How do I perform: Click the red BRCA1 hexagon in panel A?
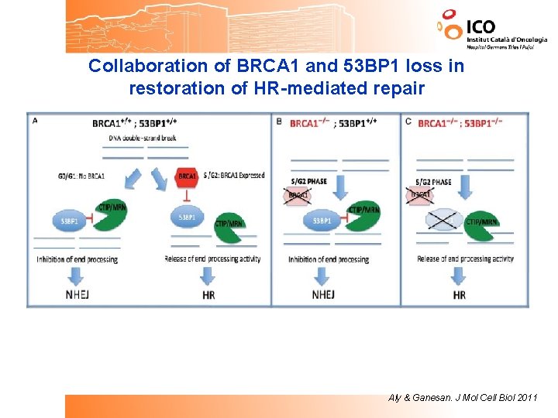187,176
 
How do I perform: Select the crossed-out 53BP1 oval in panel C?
443,221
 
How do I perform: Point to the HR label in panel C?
460,295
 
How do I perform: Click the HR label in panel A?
208,294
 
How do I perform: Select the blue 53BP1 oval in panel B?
321,221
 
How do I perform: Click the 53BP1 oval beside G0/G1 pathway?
69,221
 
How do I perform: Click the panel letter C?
408,120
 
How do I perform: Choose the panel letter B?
279,120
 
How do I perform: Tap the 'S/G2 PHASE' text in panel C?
432,182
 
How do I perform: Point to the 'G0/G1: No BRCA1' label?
81,176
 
